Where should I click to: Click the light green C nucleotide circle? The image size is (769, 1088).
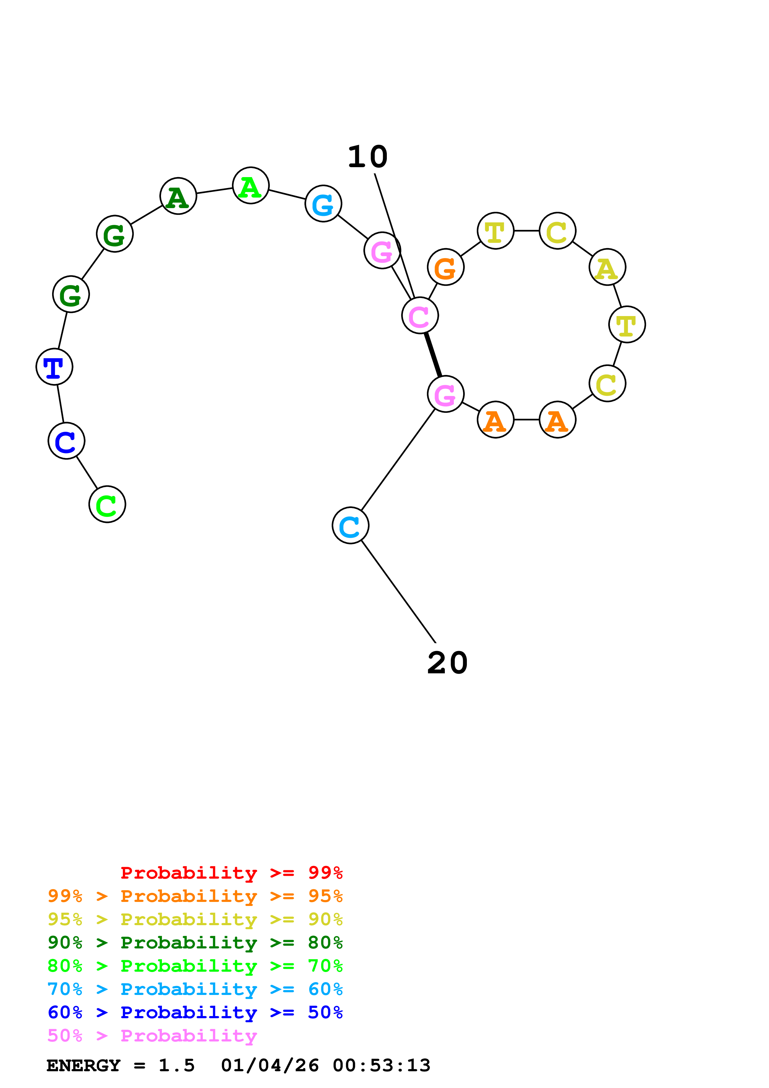(x=107, y=504)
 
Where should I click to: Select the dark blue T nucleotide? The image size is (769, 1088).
(x=54, y=367)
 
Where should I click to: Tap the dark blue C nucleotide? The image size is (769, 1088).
(x=66, y=441)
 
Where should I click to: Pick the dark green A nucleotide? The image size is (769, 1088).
(x=178, y=196)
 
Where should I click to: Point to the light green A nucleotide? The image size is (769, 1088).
(x=251, y=185)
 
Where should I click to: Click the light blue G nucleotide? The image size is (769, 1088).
(x=323, y=204)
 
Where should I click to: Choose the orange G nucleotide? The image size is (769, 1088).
(x=445, y=267)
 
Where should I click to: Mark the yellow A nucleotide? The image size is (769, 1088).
(x=607, y=267)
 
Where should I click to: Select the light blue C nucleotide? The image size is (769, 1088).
(x=350, y=525)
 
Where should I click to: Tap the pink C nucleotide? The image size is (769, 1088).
(x=420, y=316)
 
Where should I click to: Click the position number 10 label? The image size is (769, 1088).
(x=368, y=157)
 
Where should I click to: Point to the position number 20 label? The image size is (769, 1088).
(x=447, y=663)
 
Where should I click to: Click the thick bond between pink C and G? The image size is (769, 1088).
(x=433, y=355)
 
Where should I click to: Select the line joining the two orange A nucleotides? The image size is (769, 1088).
(x=526, y=420)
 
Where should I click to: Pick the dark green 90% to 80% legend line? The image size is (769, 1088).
(x=195, y=943)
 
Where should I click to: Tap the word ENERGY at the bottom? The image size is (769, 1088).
(x=83, y=1066)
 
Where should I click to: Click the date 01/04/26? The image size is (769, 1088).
(x=270, y=1066)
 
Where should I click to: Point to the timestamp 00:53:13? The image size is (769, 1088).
(x=382, y=1066)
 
